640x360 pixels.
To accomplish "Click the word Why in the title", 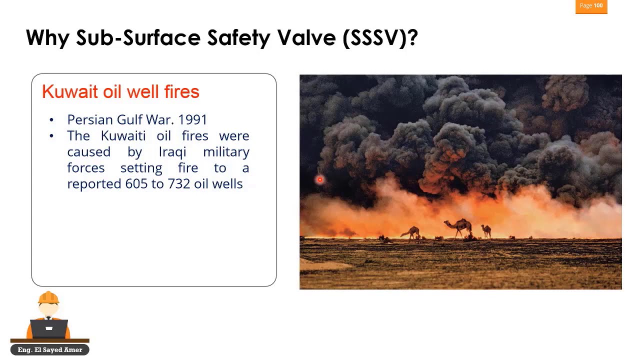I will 47,38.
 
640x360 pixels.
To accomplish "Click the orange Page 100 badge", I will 591,6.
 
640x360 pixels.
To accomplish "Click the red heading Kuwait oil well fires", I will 120,91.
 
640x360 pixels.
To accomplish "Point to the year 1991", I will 192,120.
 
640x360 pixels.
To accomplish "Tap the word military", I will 226,152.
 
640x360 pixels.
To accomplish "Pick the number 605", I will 136,184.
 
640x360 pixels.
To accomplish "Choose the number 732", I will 179,184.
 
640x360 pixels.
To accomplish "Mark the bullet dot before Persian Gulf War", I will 51,120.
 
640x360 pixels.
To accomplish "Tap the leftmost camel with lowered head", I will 411,232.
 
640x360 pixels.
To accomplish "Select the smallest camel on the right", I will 486,230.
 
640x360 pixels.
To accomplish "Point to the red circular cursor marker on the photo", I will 320,179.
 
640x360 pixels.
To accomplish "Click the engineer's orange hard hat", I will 48,298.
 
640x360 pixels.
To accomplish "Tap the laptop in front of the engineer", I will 49,328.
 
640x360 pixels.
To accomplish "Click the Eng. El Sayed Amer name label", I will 49,350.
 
